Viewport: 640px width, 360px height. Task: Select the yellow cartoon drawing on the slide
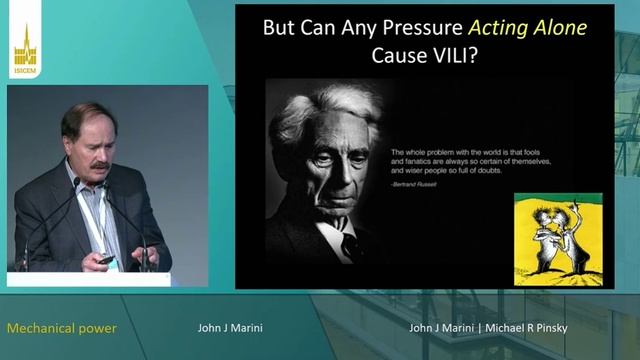557,236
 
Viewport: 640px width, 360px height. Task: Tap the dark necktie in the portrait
351,245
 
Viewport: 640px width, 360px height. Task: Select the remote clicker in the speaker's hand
105,259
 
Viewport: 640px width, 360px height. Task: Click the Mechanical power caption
62,328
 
